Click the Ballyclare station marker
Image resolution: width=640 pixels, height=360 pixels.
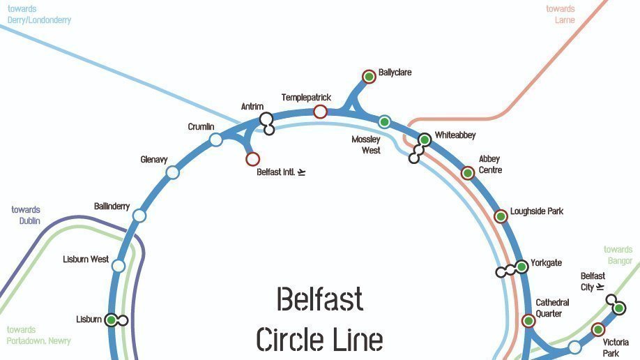[369, 76]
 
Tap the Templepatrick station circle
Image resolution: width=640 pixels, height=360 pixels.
[320, 112]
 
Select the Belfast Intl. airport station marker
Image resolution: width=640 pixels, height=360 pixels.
[252, 159]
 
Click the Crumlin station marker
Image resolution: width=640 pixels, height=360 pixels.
[216, 140]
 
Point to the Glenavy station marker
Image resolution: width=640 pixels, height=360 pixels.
[172, 172]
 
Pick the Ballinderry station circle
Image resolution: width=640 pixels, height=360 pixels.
[139, 216]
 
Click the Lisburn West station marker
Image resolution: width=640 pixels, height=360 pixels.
[119, 266]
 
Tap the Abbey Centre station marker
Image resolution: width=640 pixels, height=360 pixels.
[468, 173]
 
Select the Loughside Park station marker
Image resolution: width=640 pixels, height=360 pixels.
[501, 216]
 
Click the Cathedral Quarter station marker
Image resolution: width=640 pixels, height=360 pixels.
[528, 321]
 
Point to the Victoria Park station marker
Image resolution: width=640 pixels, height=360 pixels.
[597, 329]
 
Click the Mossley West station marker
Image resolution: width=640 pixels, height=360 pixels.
[384, 122]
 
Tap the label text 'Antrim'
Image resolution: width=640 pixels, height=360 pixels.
[252, 107]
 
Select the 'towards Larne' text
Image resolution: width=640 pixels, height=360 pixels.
[561, 15]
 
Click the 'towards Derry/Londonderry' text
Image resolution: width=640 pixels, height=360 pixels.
[39, 15]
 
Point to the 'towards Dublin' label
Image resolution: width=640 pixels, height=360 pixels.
[26, 216]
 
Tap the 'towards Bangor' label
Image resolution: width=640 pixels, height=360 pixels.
[618, 255]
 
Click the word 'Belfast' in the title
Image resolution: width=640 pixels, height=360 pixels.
[320, 299]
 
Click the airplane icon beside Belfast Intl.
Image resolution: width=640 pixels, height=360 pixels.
[301, 172]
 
